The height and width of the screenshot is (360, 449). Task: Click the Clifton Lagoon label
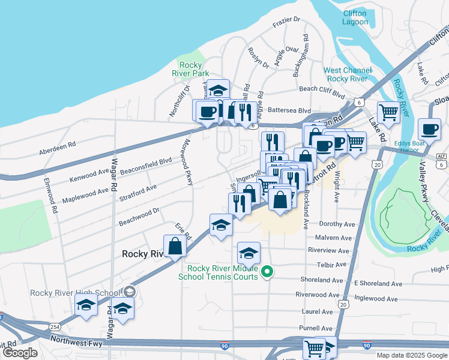click(355, 17)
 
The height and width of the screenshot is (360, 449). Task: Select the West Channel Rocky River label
click(345, 74)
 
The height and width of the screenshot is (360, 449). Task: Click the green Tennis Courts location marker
click(269, 273)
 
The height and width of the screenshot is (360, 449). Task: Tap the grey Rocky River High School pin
click(129, 292)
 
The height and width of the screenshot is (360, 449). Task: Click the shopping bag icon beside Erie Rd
click(174, 246)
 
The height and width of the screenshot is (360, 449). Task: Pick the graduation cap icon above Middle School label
click(249, 253)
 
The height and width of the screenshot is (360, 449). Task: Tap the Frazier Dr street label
click(286, 22)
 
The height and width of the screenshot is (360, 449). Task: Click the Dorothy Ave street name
click(337, 224)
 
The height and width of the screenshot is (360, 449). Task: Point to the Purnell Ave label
click(316, 328)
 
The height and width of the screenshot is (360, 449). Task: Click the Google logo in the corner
click(20, 352)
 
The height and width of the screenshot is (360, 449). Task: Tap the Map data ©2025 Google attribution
click(411, 355)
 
